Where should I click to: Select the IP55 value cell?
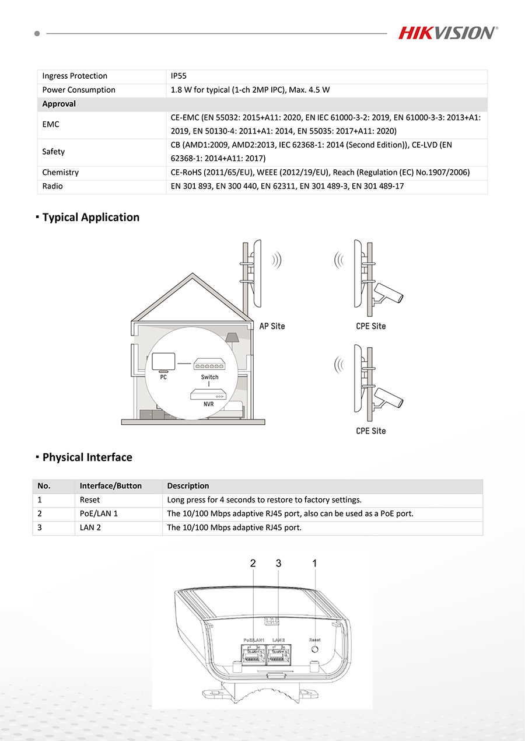coord(178,76)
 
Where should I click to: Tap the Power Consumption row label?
coord(79,90)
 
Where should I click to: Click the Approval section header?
coord(59,104)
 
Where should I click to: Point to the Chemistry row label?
coord(60,173)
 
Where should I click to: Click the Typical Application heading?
coord(90,217)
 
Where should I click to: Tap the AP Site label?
coord(272,326)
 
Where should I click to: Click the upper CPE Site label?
coord(371,326)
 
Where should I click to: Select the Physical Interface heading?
coord(87,457)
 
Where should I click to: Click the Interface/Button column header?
coord(111,486)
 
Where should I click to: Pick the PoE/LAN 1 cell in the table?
coord(99,514)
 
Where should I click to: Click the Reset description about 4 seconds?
coord(264,500)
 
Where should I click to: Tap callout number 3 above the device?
coord(279,563)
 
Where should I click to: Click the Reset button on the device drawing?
coord(315,649)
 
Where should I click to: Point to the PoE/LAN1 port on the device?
coord(253,656)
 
